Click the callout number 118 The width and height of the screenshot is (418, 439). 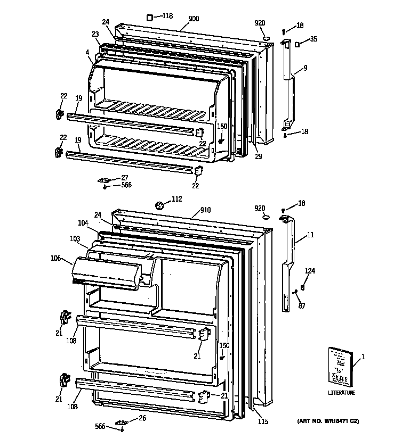click(x=167, y=16)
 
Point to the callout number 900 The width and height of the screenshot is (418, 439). click(x=194, y=19)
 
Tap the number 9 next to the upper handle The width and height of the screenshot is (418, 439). click(x=305, y=68)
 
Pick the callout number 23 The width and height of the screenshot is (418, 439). click(x=95, y=34)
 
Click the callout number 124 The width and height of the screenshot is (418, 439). click(x=310, y=271)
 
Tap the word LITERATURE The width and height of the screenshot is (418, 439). click(x=341, y=393)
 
